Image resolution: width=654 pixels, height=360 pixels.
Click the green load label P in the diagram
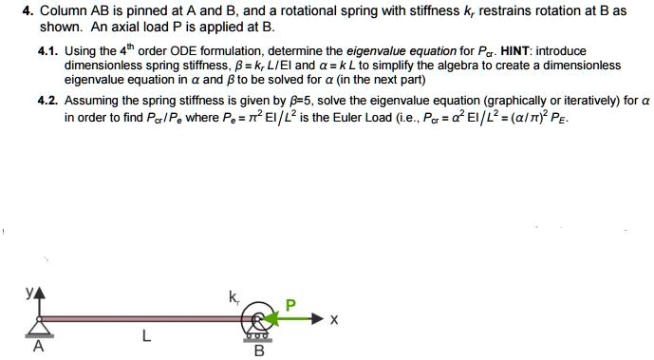(x=291, y=304)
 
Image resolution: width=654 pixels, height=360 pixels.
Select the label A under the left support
(x=38, y=347)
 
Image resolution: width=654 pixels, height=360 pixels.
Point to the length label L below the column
(x=144, y=333)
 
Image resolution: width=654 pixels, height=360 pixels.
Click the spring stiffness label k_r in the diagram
(x=234, y=297)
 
